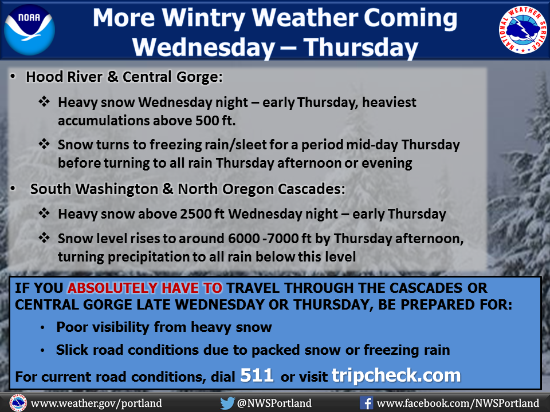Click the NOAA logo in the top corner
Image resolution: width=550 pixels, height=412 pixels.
(x=29, y=30)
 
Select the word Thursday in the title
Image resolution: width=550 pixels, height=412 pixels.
(x=361, y=47)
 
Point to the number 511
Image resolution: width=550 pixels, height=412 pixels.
(x=257, y=375)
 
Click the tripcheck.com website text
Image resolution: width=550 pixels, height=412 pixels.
(x=396, y=375)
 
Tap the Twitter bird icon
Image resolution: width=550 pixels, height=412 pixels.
(x=227, y=403)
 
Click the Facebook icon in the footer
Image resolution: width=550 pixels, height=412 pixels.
(x=366, y=403)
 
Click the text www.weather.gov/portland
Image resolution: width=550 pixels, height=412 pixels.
(x=96, y=403)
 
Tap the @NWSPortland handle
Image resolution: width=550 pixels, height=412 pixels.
(x=274, y=403)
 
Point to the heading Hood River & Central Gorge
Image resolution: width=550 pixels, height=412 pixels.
(x=124, y=77)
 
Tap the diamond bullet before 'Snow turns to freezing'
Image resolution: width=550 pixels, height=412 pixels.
(x=44, y=144)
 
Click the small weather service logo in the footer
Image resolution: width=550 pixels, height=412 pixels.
(x=18, y=403)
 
